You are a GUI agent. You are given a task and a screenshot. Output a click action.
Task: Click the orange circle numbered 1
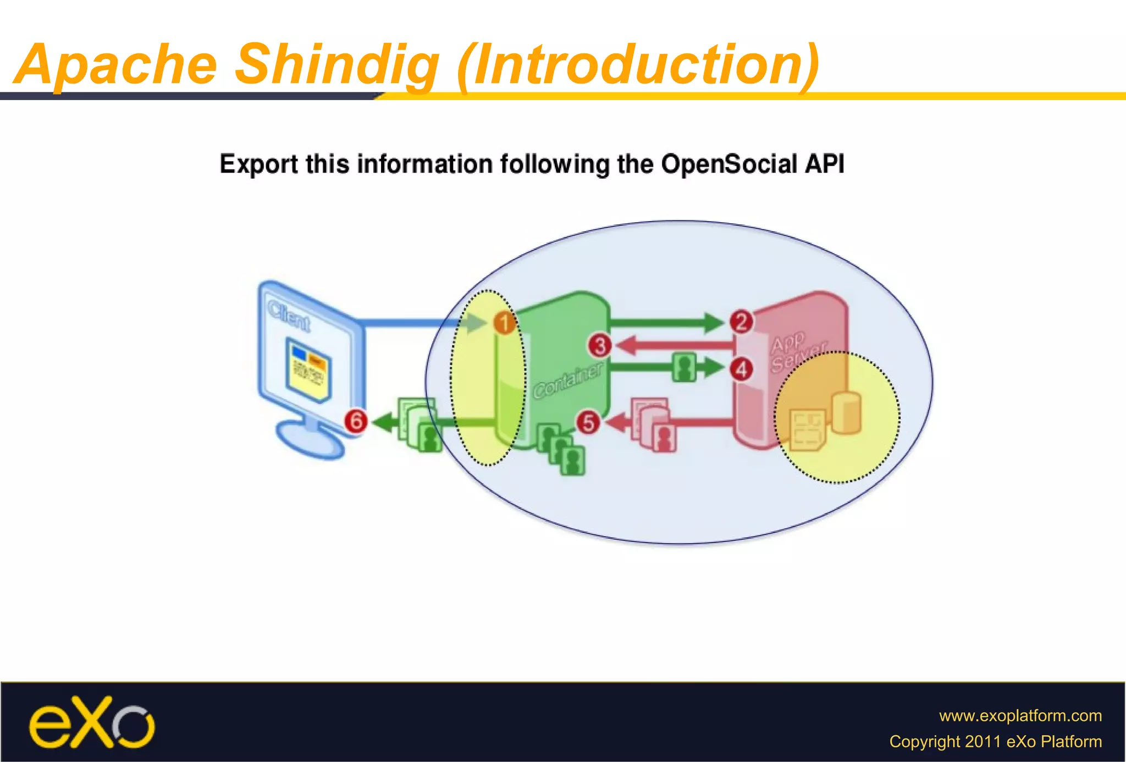(x=504, y=323)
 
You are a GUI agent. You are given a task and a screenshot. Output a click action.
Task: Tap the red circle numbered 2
(x=741, y=322)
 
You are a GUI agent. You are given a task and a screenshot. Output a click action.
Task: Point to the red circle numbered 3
(x=600, y=346)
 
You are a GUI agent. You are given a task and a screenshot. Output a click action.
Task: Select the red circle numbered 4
(x=741, y=369)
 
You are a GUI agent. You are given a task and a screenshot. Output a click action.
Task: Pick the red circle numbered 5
(x=588, y=422)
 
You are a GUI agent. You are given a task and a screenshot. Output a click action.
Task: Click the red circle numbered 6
(x=356, y=421)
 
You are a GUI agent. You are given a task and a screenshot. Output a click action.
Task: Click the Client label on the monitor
(x=289, y=316)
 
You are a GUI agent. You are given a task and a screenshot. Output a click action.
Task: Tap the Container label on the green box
(x=568, y=380)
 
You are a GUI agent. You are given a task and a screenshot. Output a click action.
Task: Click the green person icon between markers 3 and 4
(x=684, y=367)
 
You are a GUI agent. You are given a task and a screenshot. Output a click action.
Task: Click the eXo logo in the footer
(x=92, y=722)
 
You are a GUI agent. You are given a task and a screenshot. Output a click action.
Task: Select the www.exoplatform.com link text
(x=1020, y=715)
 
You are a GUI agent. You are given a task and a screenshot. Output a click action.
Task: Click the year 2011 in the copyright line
(x=984, y=741)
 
